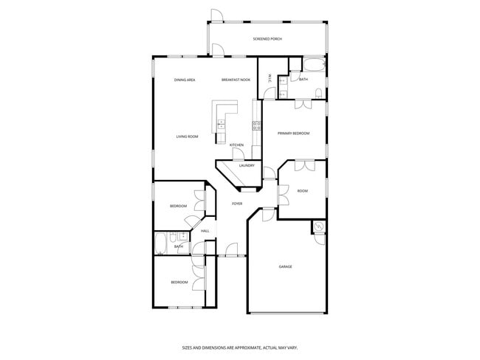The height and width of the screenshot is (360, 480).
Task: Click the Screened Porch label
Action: (x=267, y=38)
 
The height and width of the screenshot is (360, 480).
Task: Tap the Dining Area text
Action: (x=185, y=80)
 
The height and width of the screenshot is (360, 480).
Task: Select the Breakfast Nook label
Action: (x=236, y=80)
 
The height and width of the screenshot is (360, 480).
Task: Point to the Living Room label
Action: (x=187, y=136)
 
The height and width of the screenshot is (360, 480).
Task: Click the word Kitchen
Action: (x=236, y=145)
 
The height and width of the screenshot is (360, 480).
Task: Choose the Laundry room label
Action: (x=247, y=166)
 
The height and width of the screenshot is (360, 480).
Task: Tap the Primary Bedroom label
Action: (x=293, y=134)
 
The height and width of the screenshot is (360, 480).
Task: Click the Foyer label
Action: (x=237, y=204)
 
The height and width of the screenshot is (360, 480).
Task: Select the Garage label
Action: (x=285, y=266)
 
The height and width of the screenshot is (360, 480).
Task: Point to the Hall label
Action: (x=205, y=231)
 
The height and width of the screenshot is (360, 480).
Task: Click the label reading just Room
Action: (x=302, y=191)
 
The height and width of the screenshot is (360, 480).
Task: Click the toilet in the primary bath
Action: (x=318, y=93)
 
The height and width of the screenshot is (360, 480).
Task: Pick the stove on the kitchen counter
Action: (x=257, y=125)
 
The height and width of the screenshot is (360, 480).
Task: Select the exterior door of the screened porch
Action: (x=216, y=15)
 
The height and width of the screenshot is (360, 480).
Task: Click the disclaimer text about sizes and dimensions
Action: (x=239, y=346)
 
